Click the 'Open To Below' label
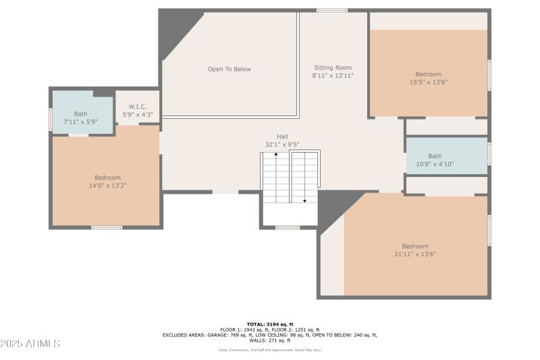click(x=229, y=69)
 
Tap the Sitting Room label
click(x=333, y=68)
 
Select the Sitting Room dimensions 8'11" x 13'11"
click(x=333, y=76)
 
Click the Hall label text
click(x=282, y=136)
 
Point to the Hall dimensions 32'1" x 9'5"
click(x=282, y=145)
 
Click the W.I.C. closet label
click(x=138, y=107)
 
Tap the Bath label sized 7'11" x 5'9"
click(x=80, y=113)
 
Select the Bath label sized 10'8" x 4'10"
click(x=435, y=156)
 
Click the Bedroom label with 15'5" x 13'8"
click(x=428, y=74)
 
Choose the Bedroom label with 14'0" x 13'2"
click(x=107, y=178)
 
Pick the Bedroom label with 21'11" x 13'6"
click(x=415, y=247)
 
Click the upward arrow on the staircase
click(x=275, y=156)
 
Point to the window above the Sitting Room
click(x=332, y=10)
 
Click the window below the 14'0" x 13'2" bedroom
click(x=107, y=228)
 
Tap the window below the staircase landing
click(x=288, y=228)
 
